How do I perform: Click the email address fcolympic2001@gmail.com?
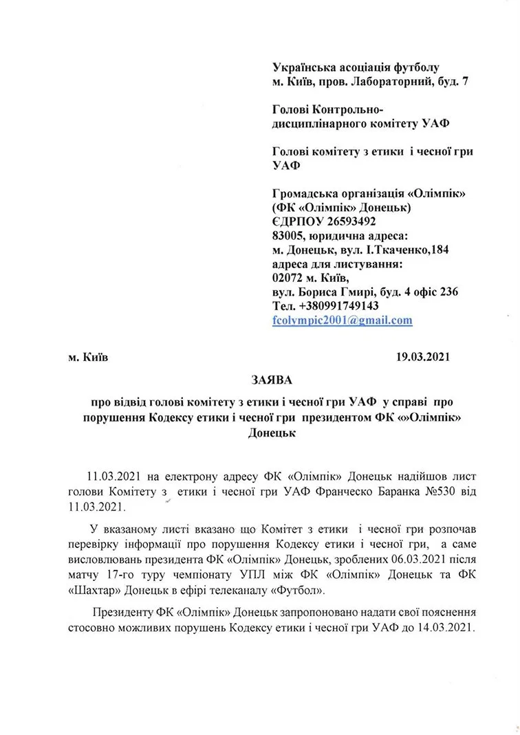342,320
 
